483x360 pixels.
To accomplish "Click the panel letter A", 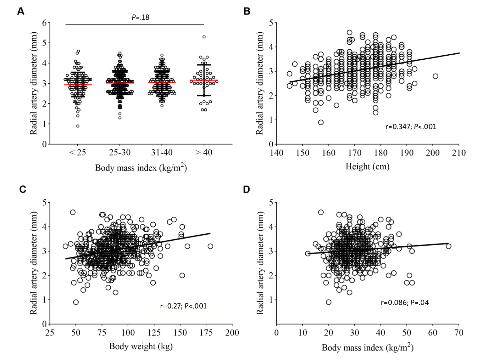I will click(20, 11).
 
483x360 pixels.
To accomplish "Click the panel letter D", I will click(247, 189).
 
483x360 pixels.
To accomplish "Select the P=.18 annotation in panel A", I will click(141, 17).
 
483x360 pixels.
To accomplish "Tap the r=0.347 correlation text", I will click(411, 127).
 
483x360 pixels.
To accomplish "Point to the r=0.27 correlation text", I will click(183, 306).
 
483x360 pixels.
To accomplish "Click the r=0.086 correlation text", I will click(405, 303).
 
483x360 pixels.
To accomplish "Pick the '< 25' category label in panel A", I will click(77, 153).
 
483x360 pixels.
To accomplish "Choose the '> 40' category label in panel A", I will click(204, 153).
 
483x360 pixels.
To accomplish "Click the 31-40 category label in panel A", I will click(162, 153).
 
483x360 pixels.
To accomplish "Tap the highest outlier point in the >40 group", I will click(204, 37).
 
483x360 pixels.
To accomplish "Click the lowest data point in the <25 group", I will click(78, 126).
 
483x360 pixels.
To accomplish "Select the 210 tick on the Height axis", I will click(459, 153).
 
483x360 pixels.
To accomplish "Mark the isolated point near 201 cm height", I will click(436, 76).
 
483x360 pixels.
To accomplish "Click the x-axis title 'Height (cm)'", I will click(367, 166).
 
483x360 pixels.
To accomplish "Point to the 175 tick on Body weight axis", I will click(206, 333).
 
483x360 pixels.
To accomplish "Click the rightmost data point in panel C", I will click(210, 246).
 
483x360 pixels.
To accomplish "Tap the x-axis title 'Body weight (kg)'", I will click(141, 346).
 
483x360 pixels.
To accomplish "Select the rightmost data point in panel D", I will click(448, 246).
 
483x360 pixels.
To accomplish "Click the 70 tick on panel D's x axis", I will click(459, 333).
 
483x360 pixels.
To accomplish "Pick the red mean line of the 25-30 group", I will click(120, 83).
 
